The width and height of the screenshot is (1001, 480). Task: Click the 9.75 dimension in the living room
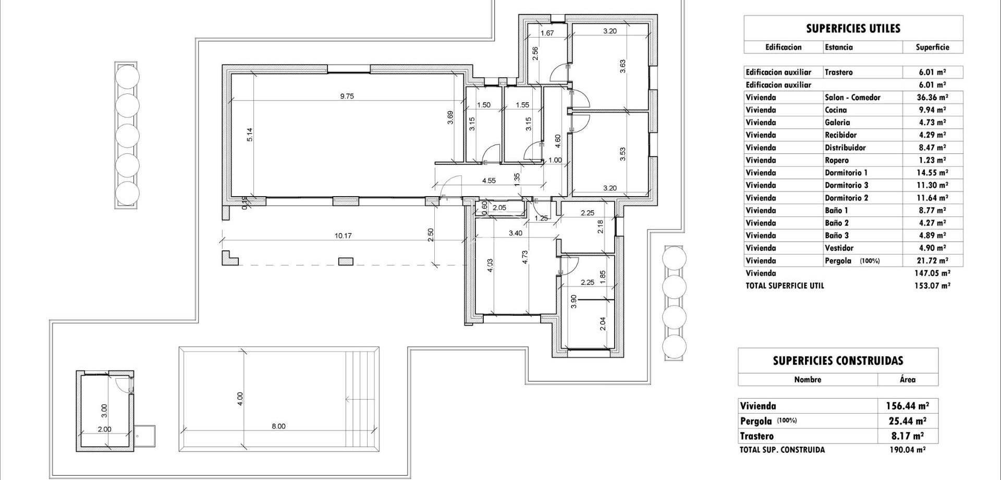[347, 96]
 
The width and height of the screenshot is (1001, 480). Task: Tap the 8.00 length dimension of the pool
[278, 426]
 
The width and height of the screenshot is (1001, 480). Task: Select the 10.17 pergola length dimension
[343, 236]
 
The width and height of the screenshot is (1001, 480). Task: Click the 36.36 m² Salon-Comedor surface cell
[932, 98]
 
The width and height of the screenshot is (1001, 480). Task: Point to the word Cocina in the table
[836, 110]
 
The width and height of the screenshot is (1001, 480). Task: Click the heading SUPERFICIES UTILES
[853, 29]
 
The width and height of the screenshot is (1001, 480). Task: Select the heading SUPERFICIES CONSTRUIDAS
[838, 361]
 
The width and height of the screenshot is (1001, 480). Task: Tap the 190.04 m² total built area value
[907, 450]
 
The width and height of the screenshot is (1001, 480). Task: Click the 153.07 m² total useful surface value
[932, 286]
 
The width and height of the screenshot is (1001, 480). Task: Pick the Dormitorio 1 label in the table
[846, 173]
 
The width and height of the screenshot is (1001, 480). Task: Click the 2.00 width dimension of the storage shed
[104, 429]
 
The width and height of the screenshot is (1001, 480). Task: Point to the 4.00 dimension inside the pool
[240, 399]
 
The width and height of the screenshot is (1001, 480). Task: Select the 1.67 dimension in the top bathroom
[547, 33]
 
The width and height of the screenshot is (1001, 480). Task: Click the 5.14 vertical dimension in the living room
[250, 135]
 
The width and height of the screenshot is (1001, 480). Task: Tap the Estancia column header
[839, 47]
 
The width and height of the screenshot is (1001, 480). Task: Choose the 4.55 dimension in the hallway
[489, 181]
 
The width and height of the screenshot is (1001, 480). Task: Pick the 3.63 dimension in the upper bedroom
[622, 66]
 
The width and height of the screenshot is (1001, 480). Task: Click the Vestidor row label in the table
[839, 248]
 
